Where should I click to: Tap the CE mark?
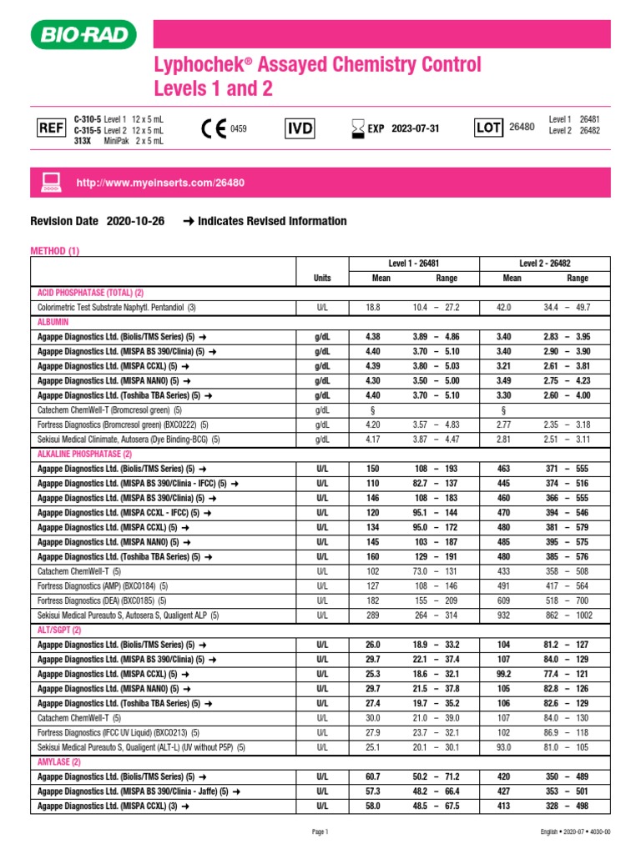(x=214, y=129)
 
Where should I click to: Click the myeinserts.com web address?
(x=160, y=182)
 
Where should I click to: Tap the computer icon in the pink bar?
(x=50, y=181)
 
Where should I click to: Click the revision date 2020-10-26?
(x=136, y=221)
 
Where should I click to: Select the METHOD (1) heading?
(x=54, y=250)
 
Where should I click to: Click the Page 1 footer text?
(x=320, y=831)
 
